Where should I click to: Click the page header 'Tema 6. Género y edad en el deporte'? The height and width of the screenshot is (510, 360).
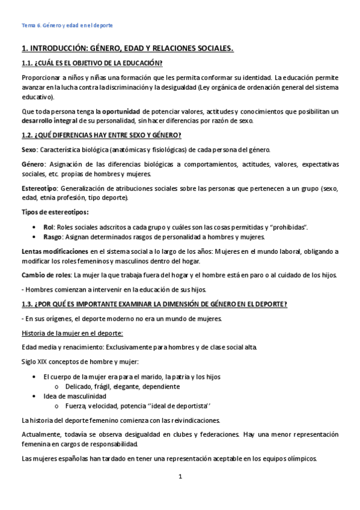coord(67,26)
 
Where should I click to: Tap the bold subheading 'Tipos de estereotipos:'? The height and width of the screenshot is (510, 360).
coord(55,212)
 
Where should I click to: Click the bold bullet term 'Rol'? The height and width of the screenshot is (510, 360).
coord(49,226)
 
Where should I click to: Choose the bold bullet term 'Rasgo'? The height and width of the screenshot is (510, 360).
coord(53,236)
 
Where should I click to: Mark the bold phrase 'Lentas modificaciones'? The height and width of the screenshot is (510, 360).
coord(55,251)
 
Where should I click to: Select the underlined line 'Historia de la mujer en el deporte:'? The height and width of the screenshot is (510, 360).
coord(72,333)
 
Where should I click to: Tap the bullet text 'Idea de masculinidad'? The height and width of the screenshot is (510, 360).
coord(75,396)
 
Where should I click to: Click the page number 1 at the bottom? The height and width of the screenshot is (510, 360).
coord(180,477)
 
